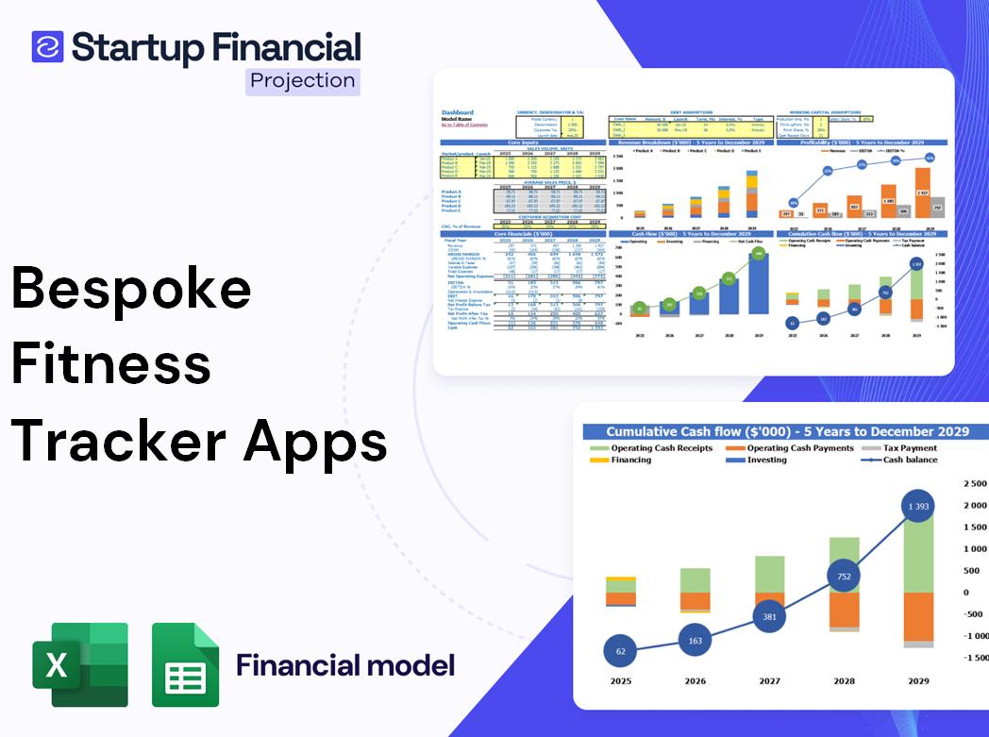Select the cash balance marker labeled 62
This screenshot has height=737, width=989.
click(x=620, y=650)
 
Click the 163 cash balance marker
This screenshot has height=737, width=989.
click(x=696, y=641)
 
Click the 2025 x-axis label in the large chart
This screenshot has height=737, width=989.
click(x=620, y=680)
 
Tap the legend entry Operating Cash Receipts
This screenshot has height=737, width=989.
click(x=664, y=448)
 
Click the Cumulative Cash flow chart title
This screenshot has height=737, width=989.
click(x=787, y=431)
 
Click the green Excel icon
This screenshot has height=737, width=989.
click(x=80, y=664)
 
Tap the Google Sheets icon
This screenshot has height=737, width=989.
click(x=186, y=664)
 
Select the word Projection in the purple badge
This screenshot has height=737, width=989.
click(x=303, y=80)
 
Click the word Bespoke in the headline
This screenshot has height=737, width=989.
click(x=131, y=288)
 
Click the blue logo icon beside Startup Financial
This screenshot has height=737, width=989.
click(x=48, y=47)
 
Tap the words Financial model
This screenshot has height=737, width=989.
click(x=345, y=664)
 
